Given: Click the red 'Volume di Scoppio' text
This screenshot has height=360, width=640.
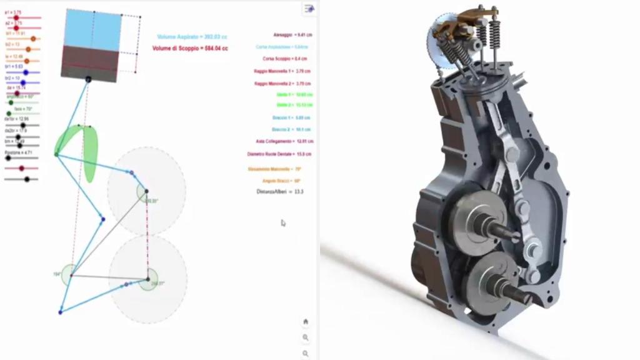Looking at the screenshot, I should (190, 48).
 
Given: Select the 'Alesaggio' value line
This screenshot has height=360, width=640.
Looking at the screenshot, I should (292, 35).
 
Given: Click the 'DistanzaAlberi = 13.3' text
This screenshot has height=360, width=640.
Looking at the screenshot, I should (279, 191).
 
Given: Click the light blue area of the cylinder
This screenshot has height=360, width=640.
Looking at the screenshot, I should (93, 31).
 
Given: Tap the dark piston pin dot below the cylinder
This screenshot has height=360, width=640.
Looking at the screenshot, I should (88, 79).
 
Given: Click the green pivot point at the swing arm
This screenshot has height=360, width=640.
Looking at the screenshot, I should (56, 154).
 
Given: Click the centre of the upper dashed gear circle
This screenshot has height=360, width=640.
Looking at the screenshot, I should (146, 191).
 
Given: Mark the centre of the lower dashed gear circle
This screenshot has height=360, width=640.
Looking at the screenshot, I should (148, 279).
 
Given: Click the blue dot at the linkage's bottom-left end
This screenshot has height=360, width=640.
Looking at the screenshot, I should (61, 311).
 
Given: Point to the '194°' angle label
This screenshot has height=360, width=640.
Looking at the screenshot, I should (56, 274).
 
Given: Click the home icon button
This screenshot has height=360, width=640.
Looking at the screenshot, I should (306, 321).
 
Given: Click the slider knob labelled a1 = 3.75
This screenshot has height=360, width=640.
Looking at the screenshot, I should (16, 18).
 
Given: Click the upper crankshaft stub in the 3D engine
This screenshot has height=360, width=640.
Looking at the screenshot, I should (504, 230).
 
